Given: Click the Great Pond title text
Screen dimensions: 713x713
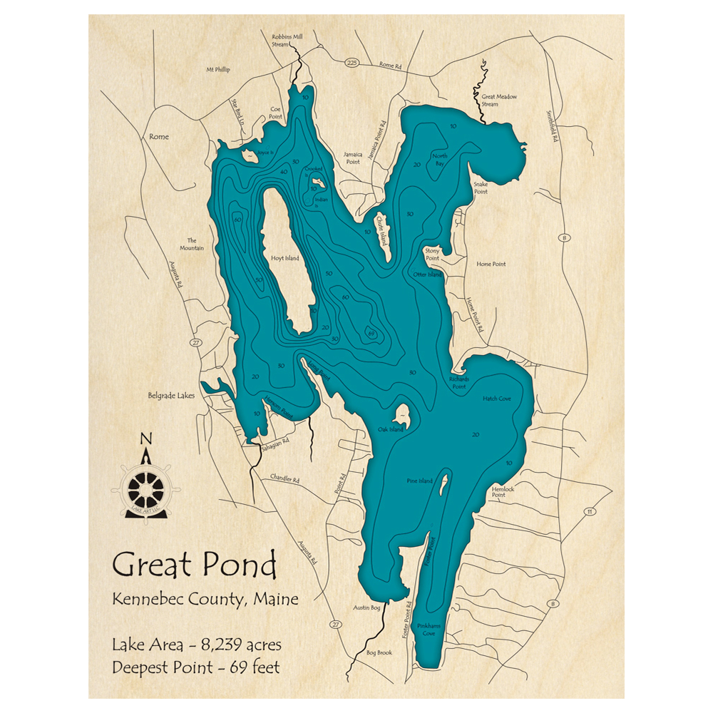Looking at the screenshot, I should [x=194, y=565].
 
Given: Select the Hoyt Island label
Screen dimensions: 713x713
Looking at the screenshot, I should [x=285, y=259].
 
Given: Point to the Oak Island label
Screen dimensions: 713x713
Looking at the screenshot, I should [x=391, y=430].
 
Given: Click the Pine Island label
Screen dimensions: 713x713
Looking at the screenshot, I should [x=419, y=481].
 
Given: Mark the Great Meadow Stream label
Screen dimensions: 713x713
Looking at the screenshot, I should [x=499, y=100].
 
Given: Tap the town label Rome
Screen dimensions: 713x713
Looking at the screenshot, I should [x=159, y=136].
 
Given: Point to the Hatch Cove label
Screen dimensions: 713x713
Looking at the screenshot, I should [x=497, y=399].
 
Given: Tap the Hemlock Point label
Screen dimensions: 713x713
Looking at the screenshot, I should [x=503, y=491].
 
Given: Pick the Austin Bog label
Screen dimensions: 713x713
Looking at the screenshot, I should [x=365, y=607].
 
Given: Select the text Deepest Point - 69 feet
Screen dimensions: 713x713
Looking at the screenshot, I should [x=196, y=668].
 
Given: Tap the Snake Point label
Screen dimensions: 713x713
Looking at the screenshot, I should [x=481, y=188].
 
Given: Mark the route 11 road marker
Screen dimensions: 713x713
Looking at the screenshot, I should [x=589, y=511].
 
